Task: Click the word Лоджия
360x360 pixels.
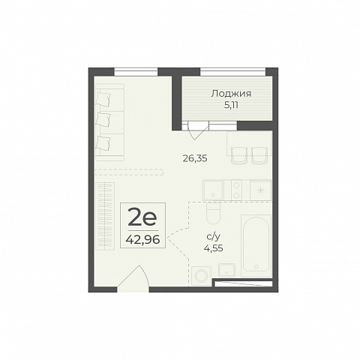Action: [x=231, y=94]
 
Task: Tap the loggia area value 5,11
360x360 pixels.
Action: [x=231, y=105]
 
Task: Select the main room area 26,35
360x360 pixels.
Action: [x=195, y=158]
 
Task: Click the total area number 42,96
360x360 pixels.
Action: [x=142, y=240]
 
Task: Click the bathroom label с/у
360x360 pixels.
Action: [x=213, y=236]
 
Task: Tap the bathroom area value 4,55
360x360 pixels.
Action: [x=214, y=248]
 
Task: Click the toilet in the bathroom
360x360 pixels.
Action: [x=213, y=213]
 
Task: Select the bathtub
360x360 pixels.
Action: [x=256, y=245]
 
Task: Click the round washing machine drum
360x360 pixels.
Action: [x=201, y=276]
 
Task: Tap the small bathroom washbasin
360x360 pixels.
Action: [x=226, y=270]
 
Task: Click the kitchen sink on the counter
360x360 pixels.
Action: [x=213, y=190]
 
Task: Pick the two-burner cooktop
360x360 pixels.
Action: [x=237, y=190]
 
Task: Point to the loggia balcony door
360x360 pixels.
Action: [x=196, y=130]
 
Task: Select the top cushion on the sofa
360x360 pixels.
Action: [x=103, y=98]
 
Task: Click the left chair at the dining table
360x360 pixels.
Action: [x=238, y=155]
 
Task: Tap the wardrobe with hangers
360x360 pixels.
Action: [x=105, y=216]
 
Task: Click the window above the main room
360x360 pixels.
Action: [x=136, y=72]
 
